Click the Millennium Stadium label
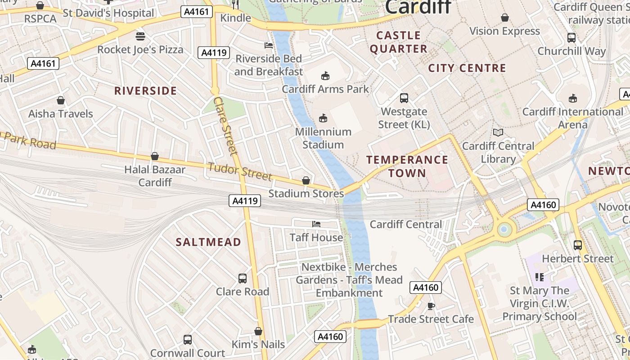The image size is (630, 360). tap(323, 138)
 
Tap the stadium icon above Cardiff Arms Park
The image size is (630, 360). tap(325, 76)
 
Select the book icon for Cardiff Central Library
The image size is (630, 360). tap(498, 132)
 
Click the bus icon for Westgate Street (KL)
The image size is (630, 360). tap(404, 98)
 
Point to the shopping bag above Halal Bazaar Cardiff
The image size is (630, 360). tap(155, 156)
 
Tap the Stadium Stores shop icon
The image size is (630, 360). tap(306, 180)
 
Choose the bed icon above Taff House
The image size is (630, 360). tap(316, 224)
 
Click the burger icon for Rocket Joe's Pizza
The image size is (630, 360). tap(140, 36)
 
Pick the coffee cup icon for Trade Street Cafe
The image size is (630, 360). tap(431, 306)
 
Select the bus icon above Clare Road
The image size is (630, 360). tap(243, 278)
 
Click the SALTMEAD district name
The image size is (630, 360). tap(208, 242)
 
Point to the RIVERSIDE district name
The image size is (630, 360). tap(145, 91)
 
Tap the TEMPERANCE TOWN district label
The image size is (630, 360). tap(407, 166)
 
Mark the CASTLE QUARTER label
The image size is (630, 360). tap(399, 42)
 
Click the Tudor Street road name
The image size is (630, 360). tap(240, 171)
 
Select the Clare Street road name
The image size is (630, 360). tap(225, 126)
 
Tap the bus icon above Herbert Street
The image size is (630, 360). tap(578, 245)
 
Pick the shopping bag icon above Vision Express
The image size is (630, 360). tap(505, 18)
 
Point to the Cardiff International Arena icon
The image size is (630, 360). tap(573, 98)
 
